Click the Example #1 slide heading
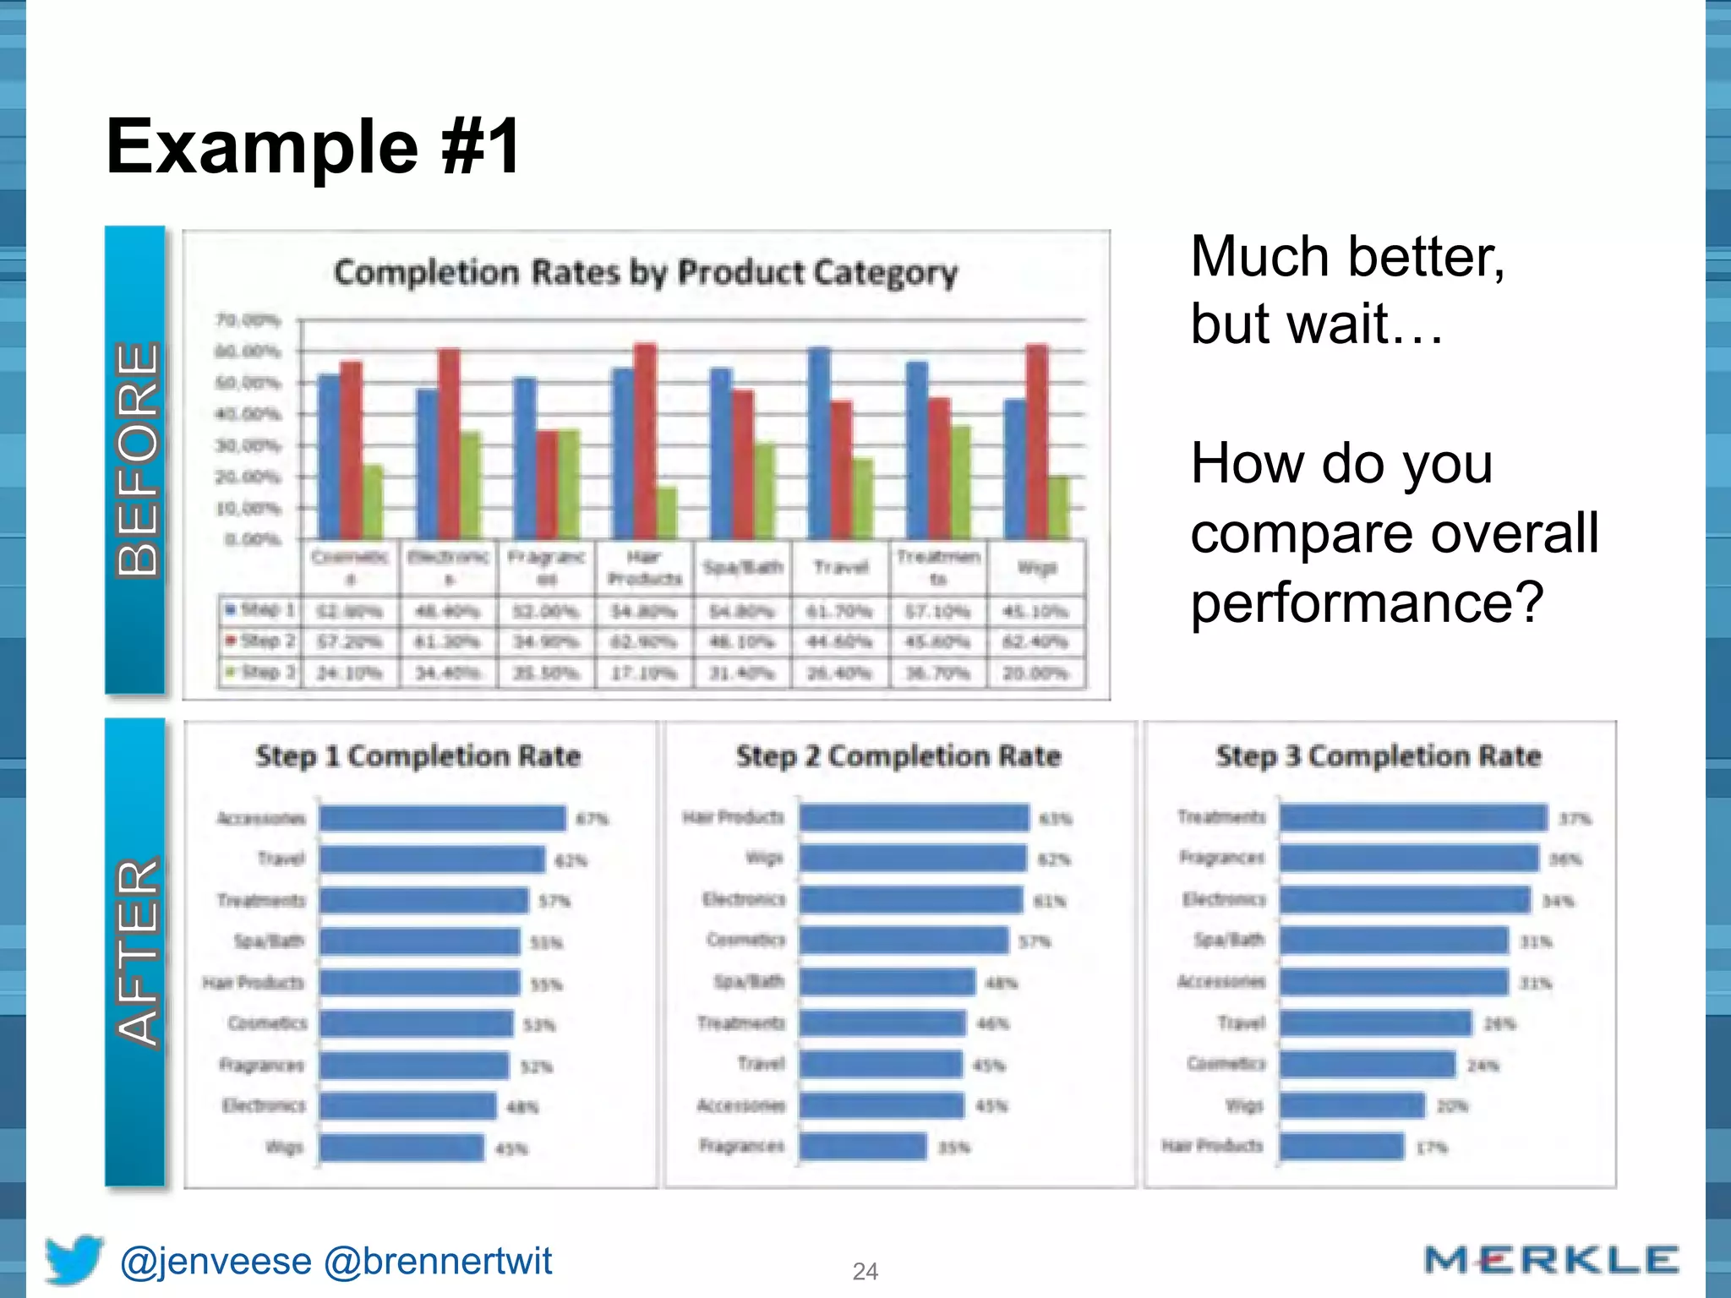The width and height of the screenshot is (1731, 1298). pos(313,147)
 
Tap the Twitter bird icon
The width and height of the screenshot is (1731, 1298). pos(74,1259)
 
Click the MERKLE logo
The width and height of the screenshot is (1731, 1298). pos(1551,1260)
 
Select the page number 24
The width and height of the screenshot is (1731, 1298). pos(865,1271)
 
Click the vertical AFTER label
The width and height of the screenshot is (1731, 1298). pos(136,952)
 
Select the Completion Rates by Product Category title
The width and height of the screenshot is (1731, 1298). pos(646,272)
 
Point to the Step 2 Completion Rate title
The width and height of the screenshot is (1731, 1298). pos(898,755)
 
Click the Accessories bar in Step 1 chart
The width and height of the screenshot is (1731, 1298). pos(442,818)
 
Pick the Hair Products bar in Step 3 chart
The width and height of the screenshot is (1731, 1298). pos(1341,1147)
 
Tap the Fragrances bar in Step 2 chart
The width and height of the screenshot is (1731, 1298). pos(863,1147)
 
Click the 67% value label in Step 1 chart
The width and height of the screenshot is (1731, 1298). pos(592,819)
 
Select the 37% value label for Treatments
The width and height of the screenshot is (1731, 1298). pos(1575,819)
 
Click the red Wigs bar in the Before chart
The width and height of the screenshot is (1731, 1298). pos(1036,441)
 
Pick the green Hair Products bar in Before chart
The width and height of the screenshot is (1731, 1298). pos(667,513)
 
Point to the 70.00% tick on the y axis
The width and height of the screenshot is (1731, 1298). pos(248,320)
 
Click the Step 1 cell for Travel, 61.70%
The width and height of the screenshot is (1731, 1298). pos(839,611)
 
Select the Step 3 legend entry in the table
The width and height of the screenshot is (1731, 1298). pos(259,673)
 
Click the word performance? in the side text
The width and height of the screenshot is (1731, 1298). pos(1367,603)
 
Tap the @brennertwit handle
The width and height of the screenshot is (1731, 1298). pos(438,1261)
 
